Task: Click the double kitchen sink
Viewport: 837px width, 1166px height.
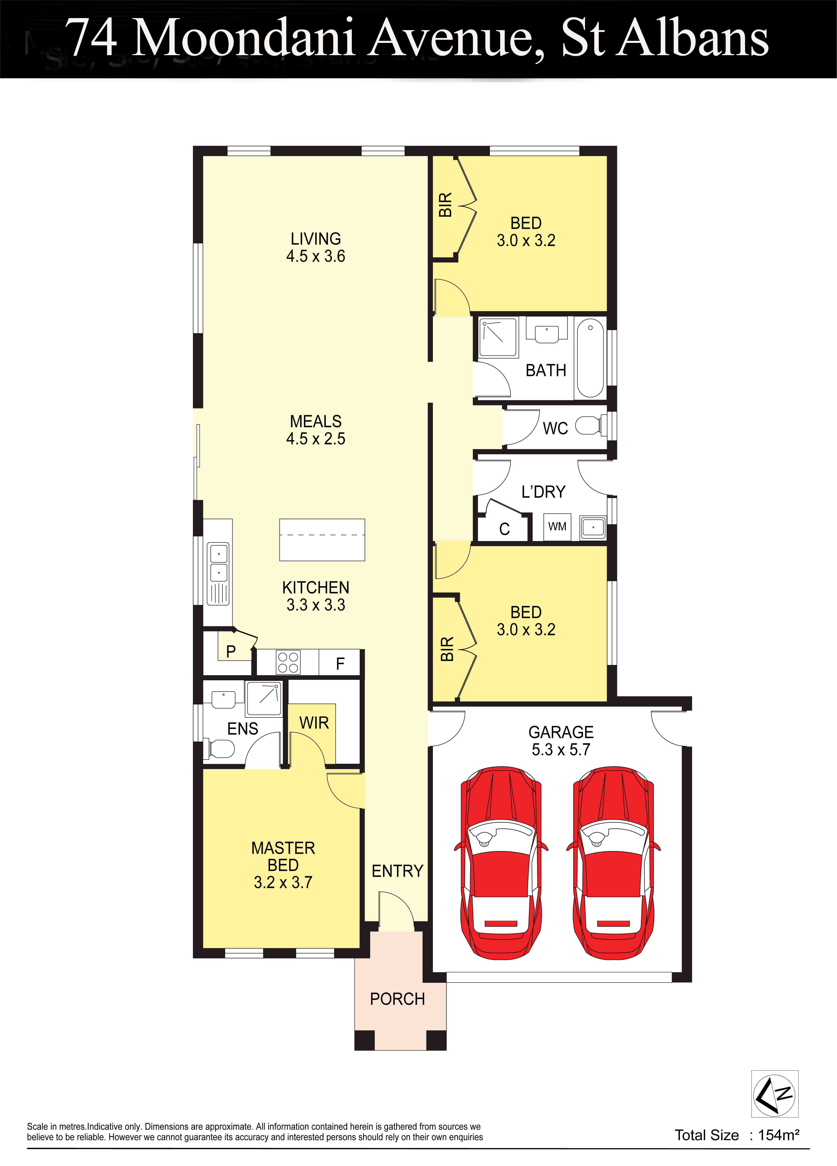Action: [x=218, y=563]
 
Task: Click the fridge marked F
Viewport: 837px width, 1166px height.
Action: [x=340, y=663]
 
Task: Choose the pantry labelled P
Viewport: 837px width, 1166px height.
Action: [x=231, y=651]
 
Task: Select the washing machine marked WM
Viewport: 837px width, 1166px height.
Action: [x=557, y=527]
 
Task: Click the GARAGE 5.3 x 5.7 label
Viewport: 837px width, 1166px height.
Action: [x=561, y=740]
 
